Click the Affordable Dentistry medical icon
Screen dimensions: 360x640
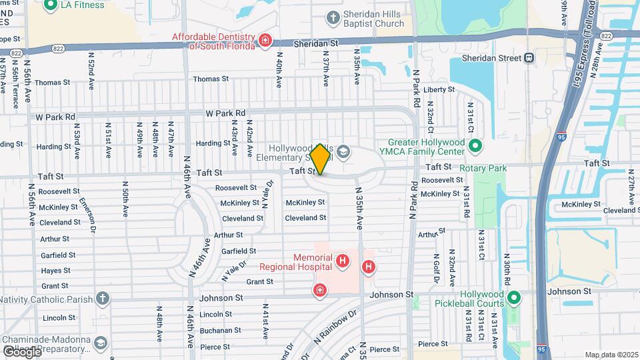click(x=265, y=41)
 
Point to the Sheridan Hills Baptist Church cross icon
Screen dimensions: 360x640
click(x=333, y=16)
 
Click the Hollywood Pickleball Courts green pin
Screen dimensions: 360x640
click(x=513, y=297)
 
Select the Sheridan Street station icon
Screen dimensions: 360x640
click(x=529, y=58)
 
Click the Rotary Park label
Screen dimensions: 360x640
click(x=485, y=168)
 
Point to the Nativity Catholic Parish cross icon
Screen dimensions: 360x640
click(x=102, y=297)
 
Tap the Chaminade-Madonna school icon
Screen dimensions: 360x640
click(x=100, y=343)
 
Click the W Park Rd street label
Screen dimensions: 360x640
click(x=225, y=113)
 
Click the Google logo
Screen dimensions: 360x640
click(x=21, y=351)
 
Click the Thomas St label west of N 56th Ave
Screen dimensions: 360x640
click(x=52, y=83)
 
